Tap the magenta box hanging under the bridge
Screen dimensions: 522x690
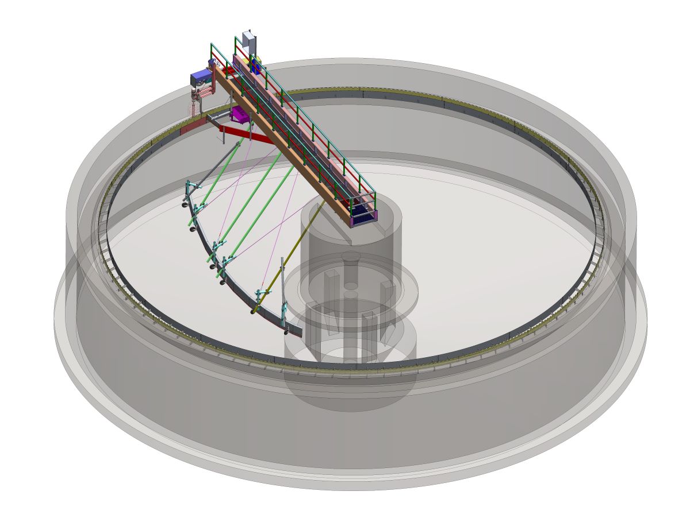point(240,115)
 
